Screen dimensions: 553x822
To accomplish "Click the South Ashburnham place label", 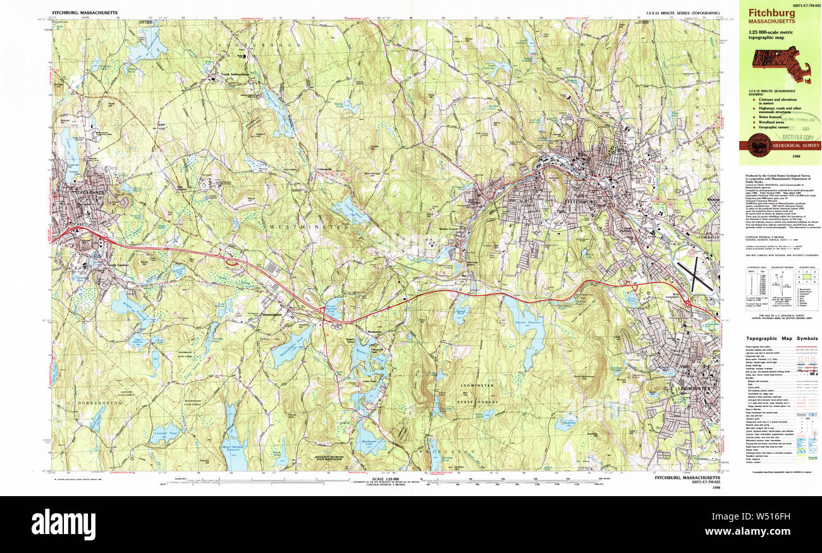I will click(x=235, y=74).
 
